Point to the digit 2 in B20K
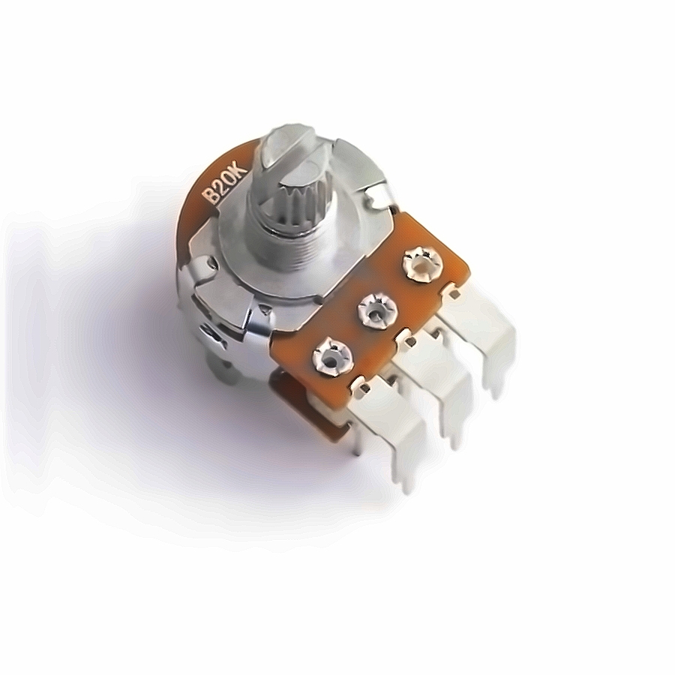pos(220,187)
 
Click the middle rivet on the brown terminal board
pos(376,310)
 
